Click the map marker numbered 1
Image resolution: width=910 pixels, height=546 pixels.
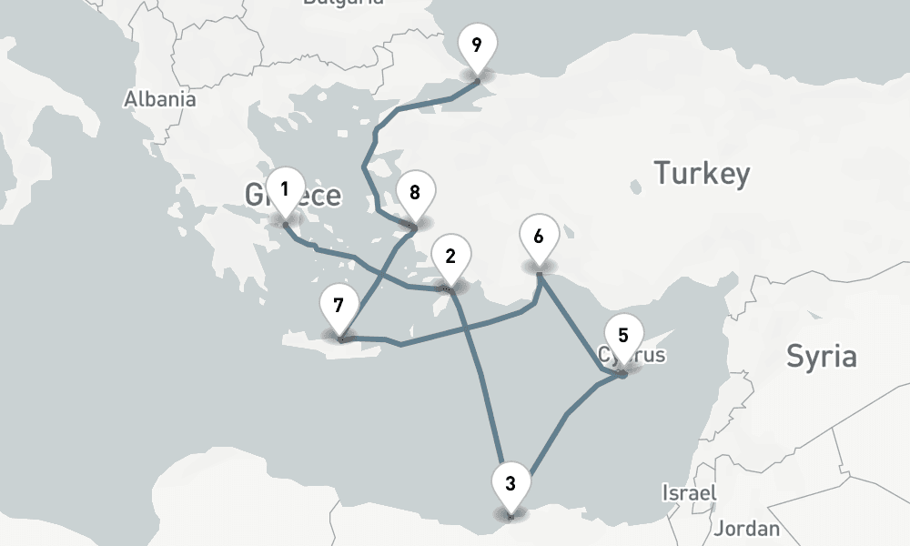coord(285,191)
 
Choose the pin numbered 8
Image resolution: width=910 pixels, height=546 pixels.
coord(415,194)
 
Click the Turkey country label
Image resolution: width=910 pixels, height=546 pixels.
coord(703,172)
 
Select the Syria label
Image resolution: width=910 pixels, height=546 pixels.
coord(821,356)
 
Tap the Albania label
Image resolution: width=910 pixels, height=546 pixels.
coord(160,99)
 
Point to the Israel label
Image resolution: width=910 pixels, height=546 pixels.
coord(688,492)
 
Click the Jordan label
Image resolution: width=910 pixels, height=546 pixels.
coord(748,528)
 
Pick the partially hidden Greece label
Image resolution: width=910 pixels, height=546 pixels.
coord(318,195)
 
